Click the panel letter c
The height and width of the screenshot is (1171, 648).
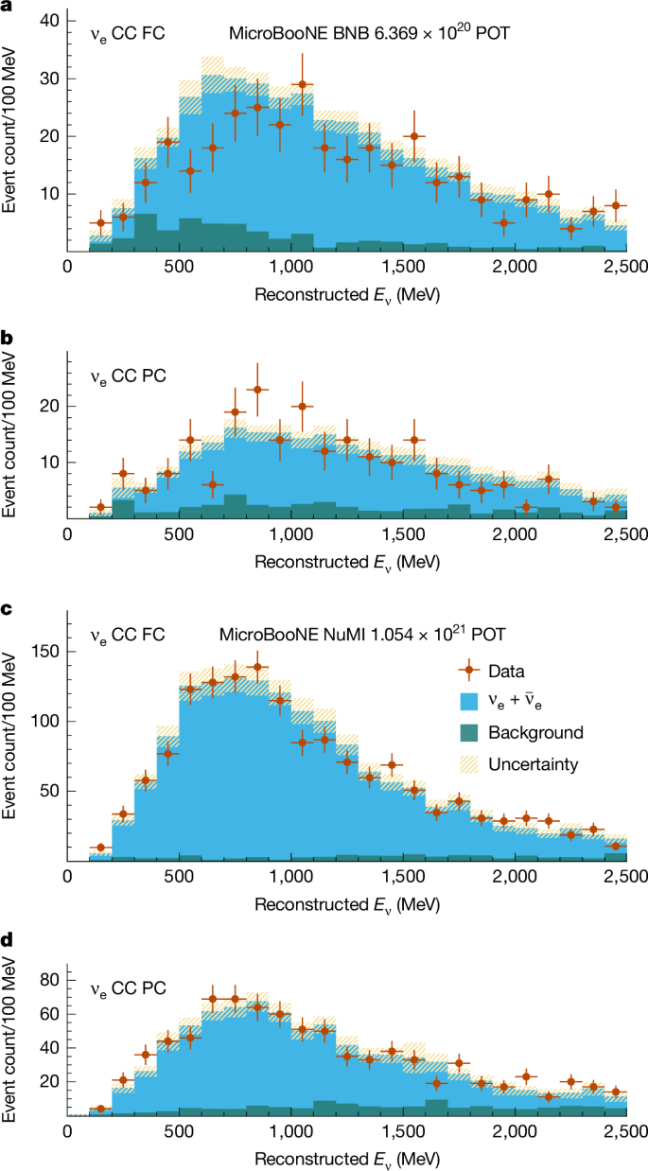tap(7, 610)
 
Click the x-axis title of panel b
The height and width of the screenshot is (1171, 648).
tap(346, 559)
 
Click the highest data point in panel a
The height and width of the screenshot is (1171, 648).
tap(302, 84)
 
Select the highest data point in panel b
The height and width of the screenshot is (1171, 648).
tap(257, 389)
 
